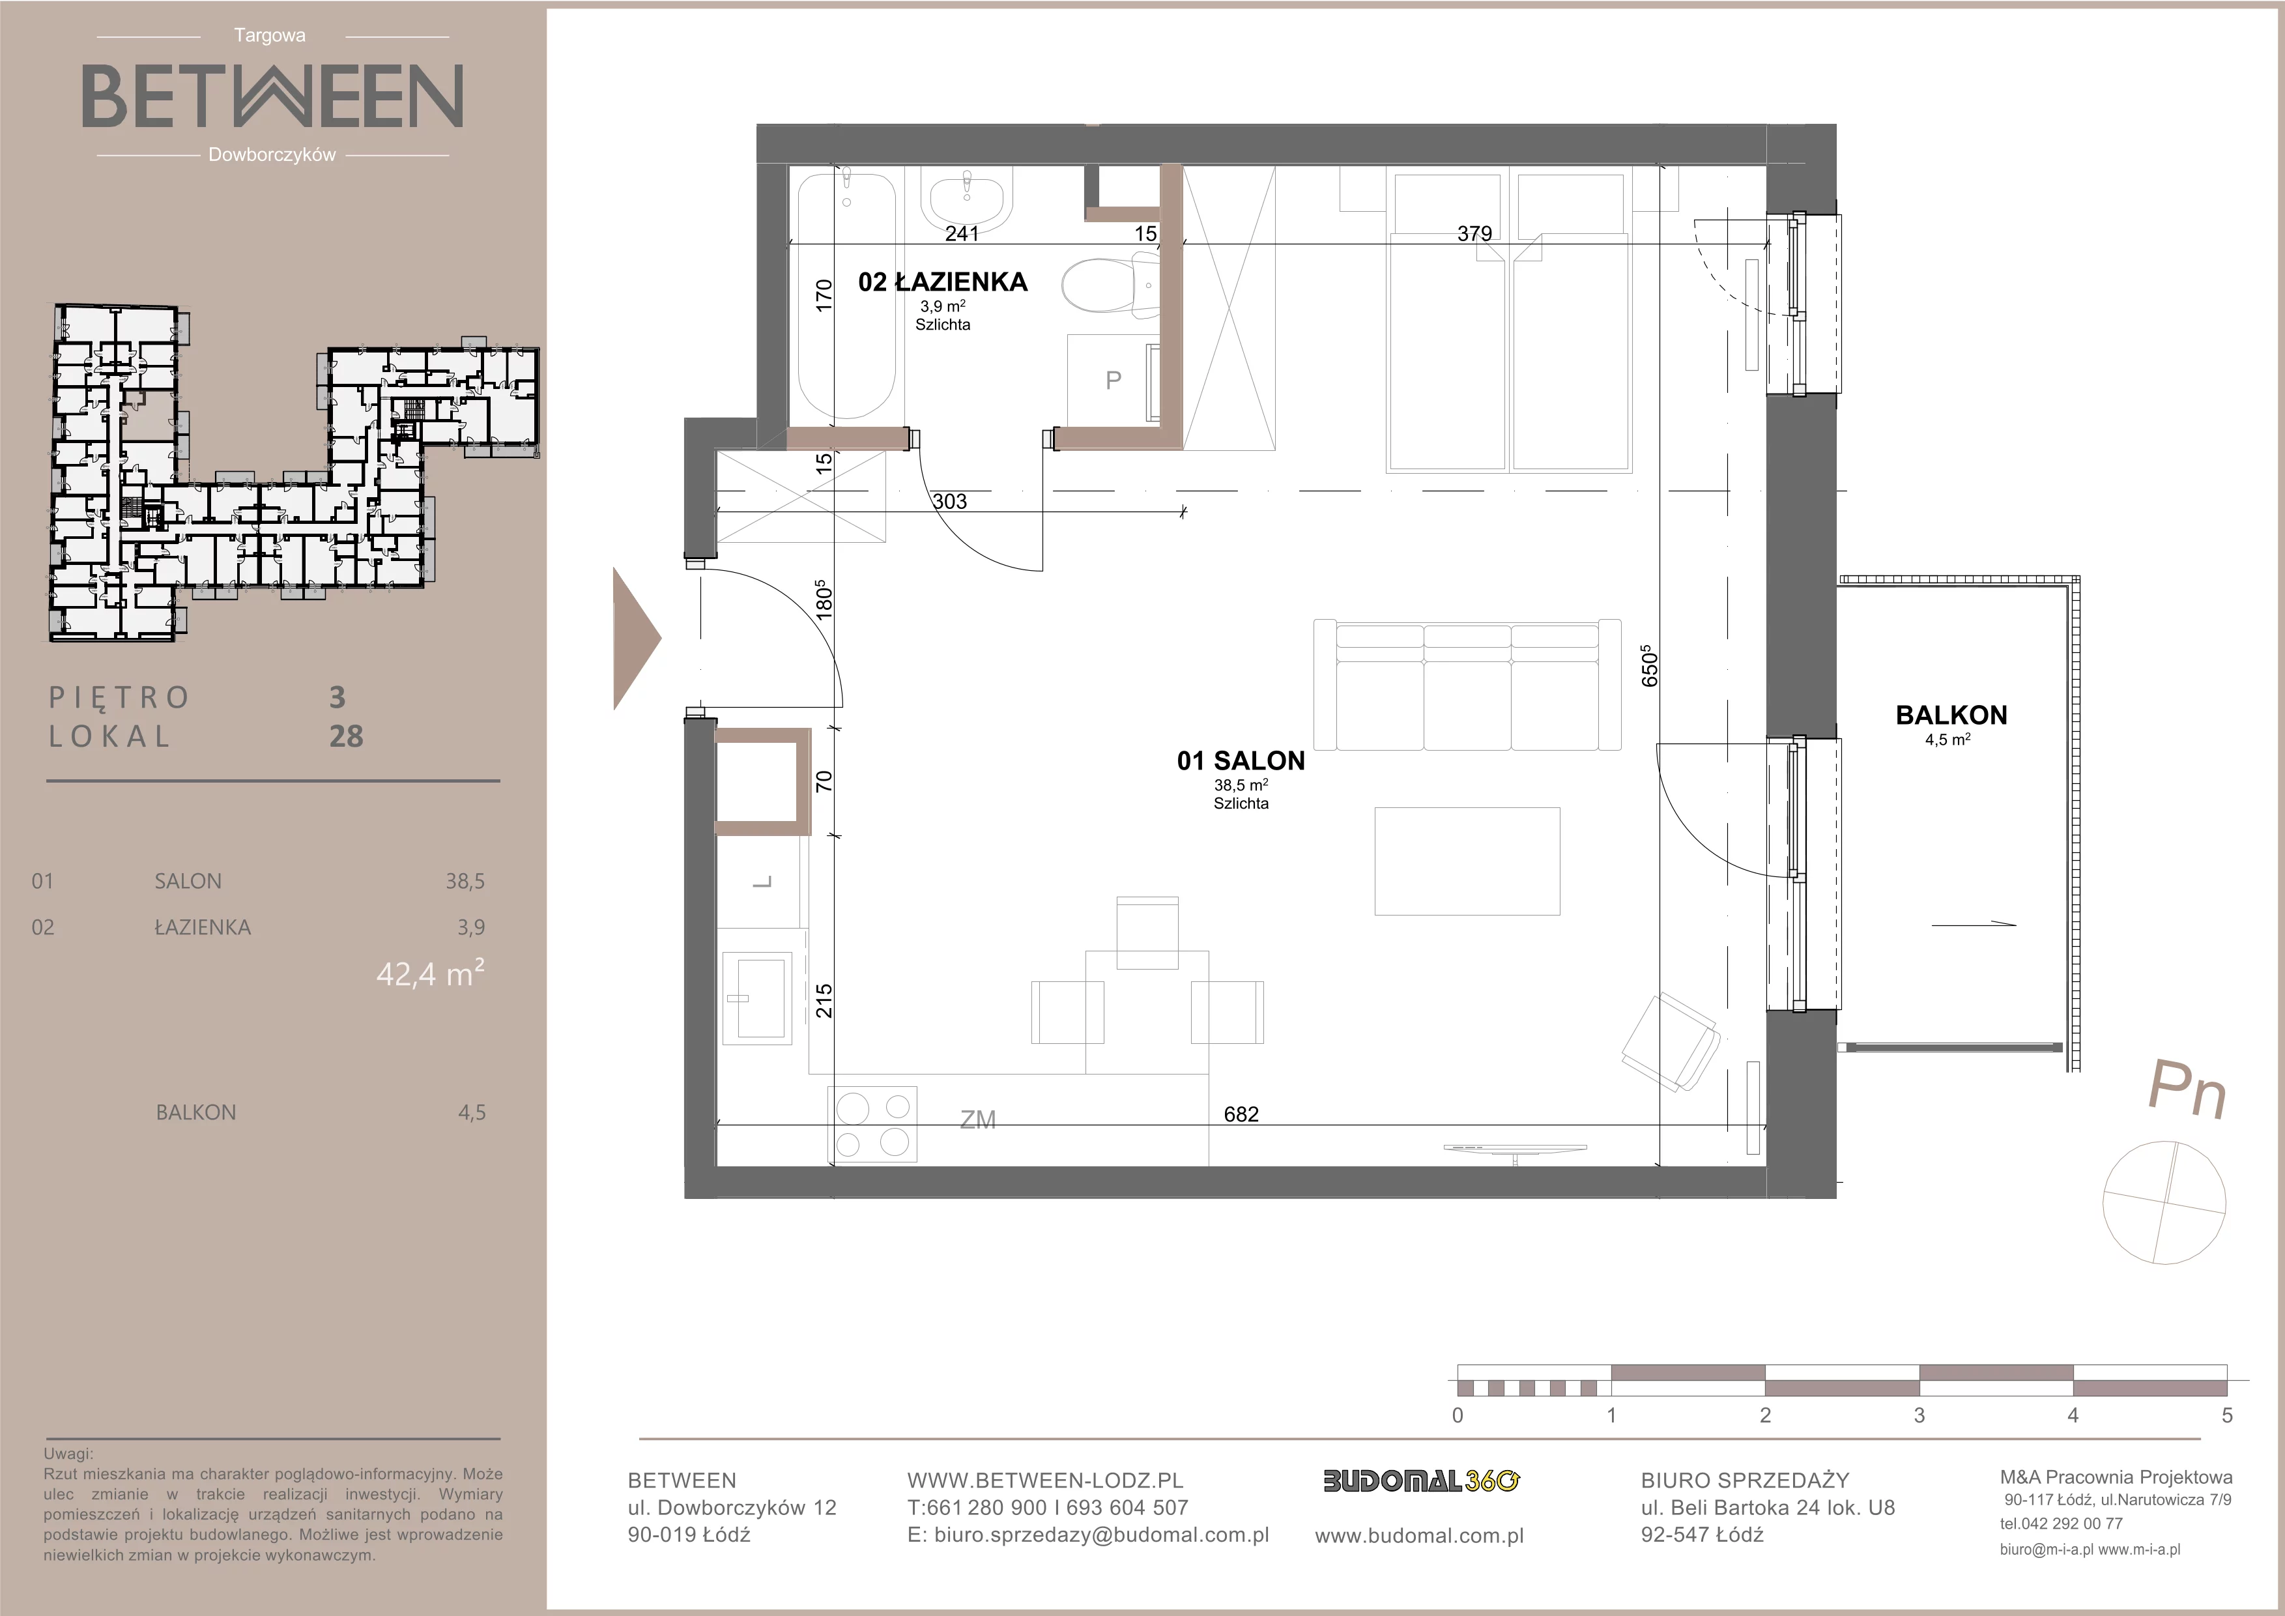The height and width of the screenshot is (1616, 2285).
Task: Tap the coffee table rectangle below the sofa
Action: coord(1467,861)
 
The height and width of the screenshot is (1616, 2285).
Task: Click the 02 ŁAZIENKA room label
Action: coord(942,283)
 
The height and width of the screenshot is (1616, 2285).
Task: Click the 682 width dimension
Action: coord(1241,1114)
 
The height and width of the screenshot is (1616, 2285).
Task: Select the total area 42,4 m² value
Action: coord(430,972)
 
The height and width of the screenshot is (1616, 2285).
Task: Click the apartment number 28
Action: coord(347,736)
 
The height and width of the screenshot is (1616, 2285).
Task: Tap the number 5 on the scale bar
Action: coord(2227,1415)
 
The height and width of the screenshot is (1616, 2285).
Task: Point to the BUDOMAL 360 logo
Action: coord(1421,1482)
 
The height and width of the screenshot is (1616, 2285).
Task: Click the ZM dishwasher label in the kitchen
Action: coord(977,1121)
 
